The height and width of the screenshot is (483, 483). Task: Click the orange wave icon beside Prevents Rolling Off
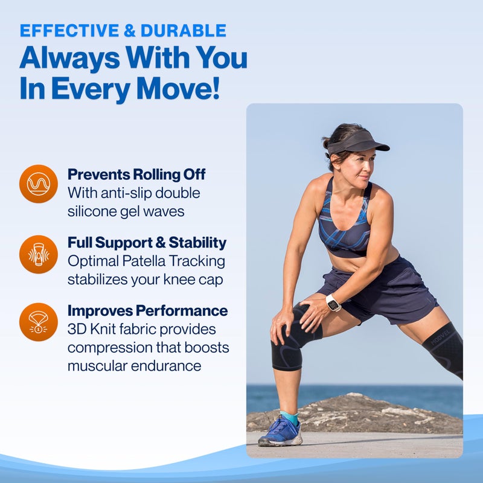coord(39,184)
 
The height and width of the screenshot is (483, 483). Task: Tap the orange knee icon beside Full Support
coord(39,254)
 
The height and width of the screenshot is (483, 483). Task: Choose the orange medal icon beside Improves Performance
coord(39,322)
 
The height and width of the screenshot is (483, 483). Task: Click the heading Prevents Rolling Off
coord(136,174)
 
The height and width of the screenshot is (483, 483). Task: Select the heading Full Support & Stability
coord(147,243)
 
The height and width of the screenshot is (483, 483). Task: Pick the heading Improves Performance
coord(147,311)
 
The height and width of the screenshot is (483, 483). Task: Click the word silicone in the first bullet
coord(93,211)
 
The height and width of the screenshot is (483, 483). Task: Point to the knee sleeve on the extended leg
coord(444,347)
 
